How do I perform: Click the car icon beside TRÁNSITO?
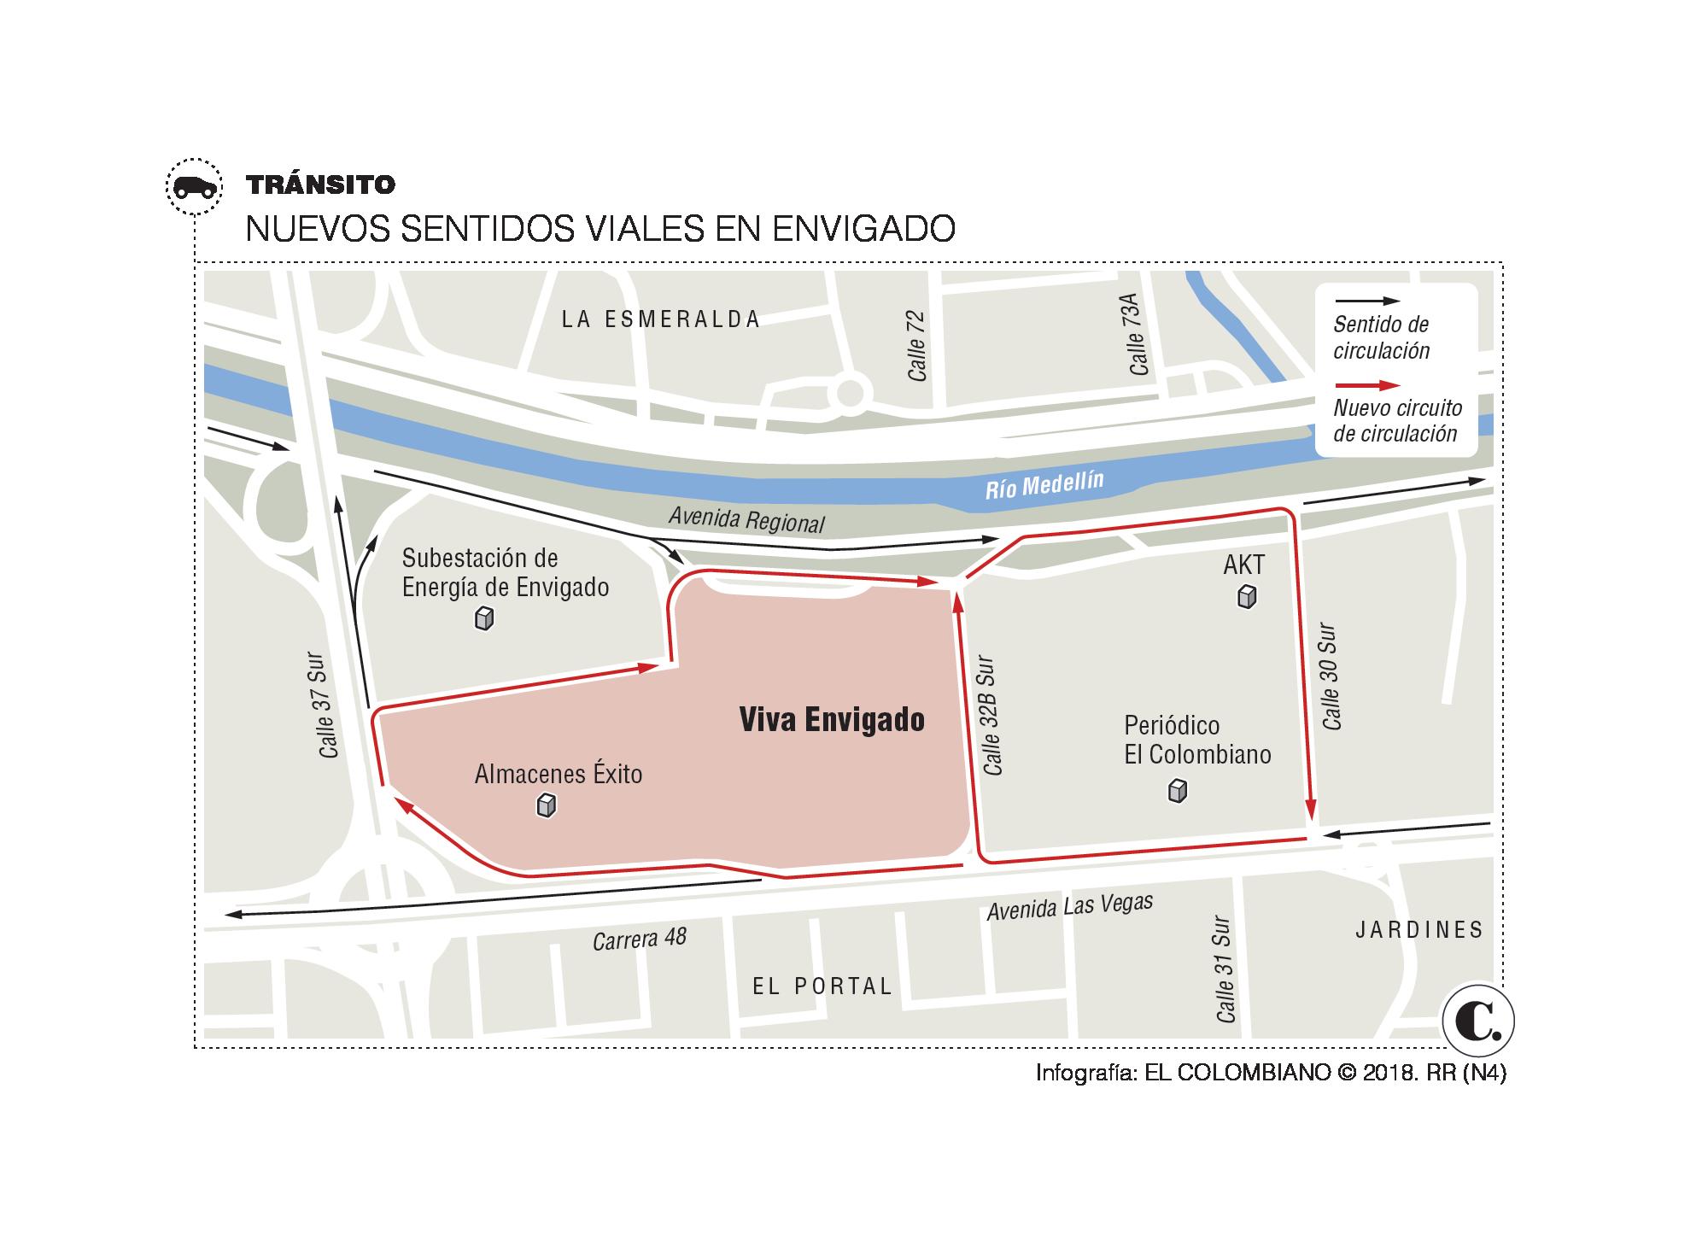coord(194,187)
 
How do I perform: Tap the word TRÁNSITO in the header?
coord(320,184)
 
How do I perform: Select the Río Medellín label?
coord(1044,485)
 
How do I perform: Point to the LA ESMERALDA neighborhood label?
coord(661,319)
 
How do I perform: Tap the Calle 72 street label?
coord(916,346)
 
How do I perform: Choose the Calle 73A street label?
coord(1137,334)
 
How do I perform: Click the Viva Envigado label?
coord(831,720)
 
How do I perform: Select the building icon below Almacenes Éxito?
coord(547,805)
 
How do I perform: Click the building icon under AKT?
coord(1247,596)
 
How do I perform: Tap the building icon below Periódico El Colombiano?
coord(1178,792)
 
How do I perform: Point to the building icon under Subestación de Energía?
coord(484,618)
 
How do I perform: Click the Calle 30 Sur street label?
coord(1331,677)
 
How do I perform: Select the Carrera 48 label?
coord(640,939)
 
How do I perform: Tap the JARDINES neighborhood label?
coord(1419,930)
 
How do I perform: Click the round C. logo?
coord(1478,1021)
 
